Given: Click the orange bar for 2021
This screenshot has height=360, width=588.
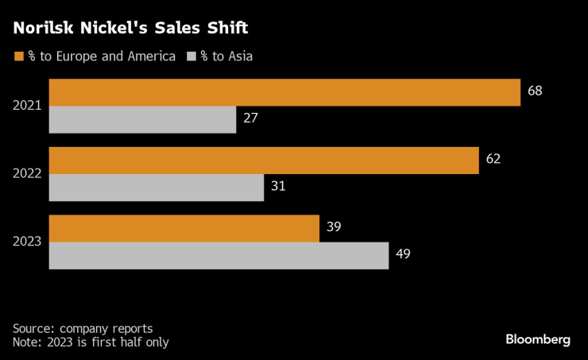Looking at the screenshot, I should pos(284,92).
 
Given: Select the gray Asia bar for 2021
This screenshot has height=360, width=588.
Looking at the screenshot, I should pos(142,119).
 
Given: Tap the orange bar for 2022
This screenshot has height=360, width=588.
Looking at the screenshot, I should pos(264,160).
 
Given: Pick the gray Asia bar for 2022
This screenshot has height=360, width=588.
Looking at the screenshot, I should pos(157,188).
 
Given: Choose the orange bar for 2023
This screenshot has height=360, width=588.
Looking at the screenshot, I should pos(184,228).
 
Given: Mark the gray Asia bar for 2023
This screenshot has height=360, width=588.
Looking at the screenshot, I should pos(219,255).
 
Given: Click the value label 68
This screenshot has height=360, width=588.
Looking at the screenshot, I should pos(535,91).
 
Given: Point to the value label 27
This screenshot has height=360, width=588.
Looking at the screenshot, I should pos(251,119).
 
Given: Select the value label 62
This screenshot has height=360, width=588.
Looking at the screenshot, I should pos(493,159).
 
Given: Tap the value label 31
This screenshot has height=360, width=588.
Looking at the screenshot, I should pos(278,187).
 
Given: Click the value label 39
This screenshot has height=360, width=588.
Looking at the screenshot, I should pos(334,227).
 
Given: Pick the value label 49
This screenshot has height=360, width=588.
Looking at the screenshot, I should pos(403,255).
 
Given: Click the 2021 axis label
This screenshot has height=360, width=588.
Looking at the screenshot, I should pos(28,106).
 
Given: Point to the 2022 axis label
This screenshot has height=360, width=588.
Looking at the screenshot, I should pos(28,173).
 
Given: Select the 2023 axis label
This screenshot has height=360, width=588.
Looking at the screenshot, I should pos(28,242).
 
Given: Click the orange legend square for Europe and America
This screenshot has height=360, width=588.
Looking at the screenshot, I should pos(18,57).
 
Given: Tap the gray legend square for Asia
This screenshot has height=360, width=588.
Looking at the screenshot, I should pos(191,57).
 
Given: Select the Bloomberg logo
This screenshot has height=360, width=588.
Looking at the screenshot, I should pos(538,339).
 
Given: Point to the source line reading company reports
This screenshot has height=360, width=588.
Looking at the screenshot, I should pos(83,328).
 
